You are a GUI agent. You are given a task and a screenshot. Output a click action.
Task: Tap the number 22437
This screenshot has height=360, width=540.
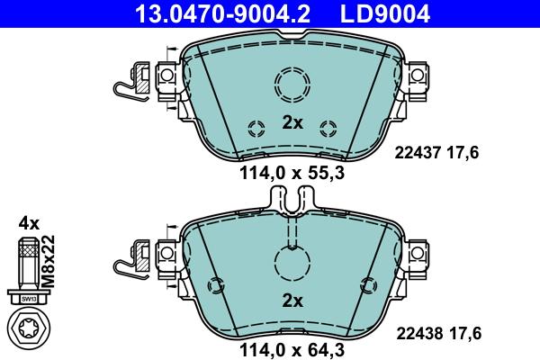click(417, 153)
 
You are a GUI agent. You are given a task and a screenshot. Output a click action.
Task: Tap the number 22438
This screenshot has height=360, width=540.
click(417, 333)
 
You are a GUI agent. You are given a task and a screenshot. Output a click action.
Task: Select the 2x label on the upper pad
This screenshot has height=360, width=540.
click(292, 122)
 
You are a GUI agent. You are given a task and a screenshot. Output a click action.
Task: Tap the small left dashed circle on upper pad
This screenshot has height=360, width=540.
click(256, 126)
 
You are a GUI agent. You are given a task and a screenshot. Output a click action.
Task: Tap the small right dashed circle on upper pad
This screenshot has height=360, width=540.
click(328, 126)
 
